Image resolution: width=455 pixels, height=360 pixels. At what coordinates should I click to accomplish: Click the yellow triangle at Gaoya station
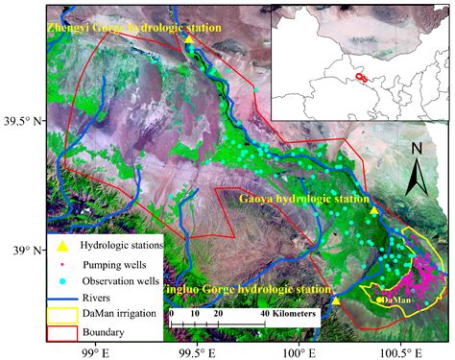coord(373,210)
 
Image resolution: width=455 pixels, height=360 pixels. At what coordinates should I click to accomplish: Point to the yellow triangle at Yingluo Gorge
coord(336,300)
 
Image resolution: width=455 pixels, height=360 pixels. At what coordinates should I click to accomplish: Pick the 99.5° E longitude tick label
coord(197,349)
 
